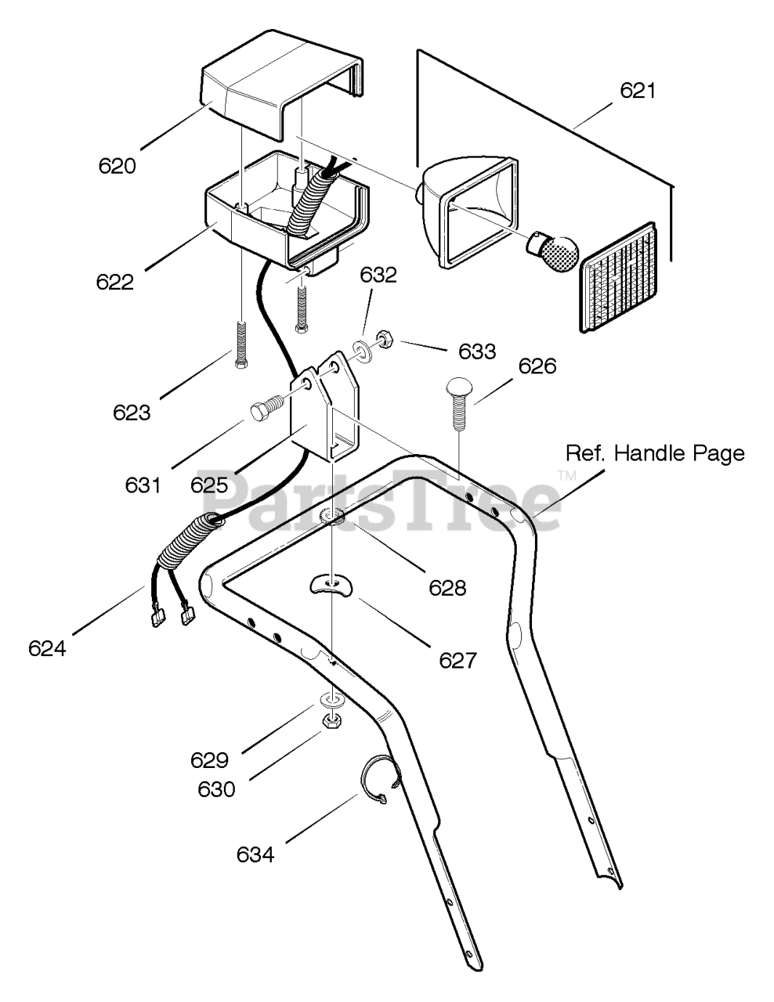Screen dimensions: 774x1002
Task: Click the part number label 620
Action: [x=118, y=166]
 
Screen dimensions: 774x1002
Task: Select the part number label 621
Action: [x=638, y=91]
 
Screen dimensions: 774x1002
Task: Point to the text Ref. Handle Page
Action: [x=655, y=453]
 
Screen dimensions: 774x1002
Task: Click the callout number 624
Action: [x=47, y=649]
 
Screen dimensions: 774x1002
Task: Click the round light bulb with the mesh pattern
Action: [x=552, y=252]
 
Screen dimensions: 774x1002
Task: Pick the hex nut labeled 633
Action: [x=385, y=341]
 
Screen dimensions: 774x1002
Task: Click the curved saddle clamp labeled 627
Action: [x=331, y=584]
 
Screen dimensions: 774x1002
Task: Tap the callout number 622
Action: [x=115, y=282]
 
